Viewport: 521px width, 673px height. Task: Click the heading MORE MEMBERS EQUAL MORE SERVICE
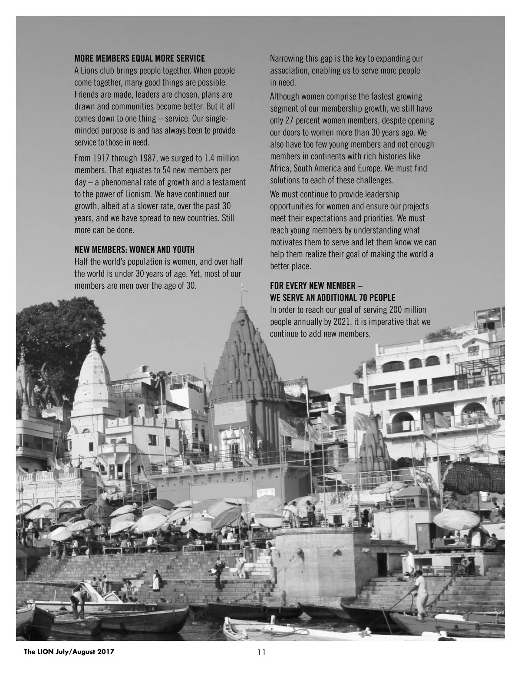tap(139, 58)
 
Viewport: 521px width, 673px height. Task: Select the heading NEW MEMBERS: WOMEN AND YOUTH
tap(135, 250)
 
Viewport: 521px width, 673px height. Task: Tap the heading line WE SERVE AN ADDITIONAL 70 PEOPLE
tap(333, 298)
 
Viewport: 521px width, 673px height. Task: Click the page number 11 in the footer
tap(261, 652)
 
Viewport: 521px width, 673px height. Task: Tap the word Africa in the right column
tap(280, 168)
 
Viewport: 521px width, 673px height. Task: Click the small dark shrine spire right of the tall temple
tap(372, 443)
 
